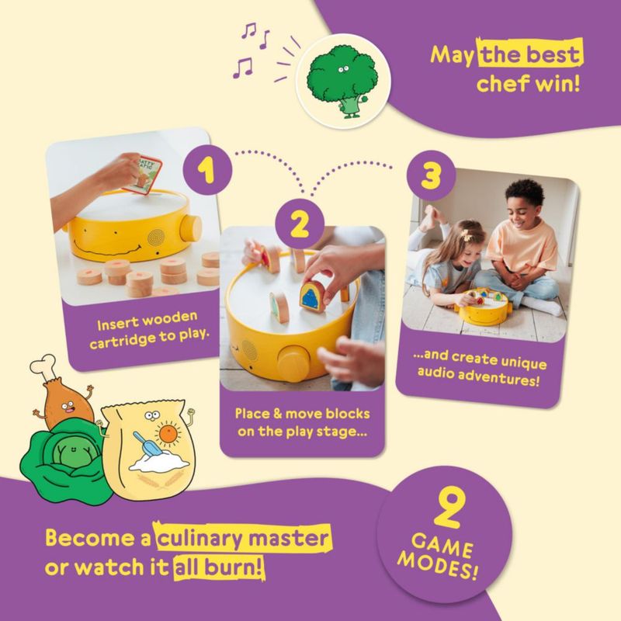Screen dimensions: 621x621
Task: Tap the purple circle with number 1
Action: (207, 170)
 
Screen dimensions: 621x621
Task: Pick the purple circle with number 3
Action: (431, 175)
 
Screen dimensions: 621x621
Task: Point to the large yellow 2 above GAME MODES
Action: (448, 509)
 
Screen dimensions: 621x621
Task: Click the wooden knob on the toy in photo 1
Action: (190, 229)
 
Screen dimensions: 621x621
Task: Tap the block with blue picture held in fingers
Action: (311, 297)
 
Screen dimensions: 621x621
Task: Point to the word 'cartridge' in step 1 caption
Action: (123, 342)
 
